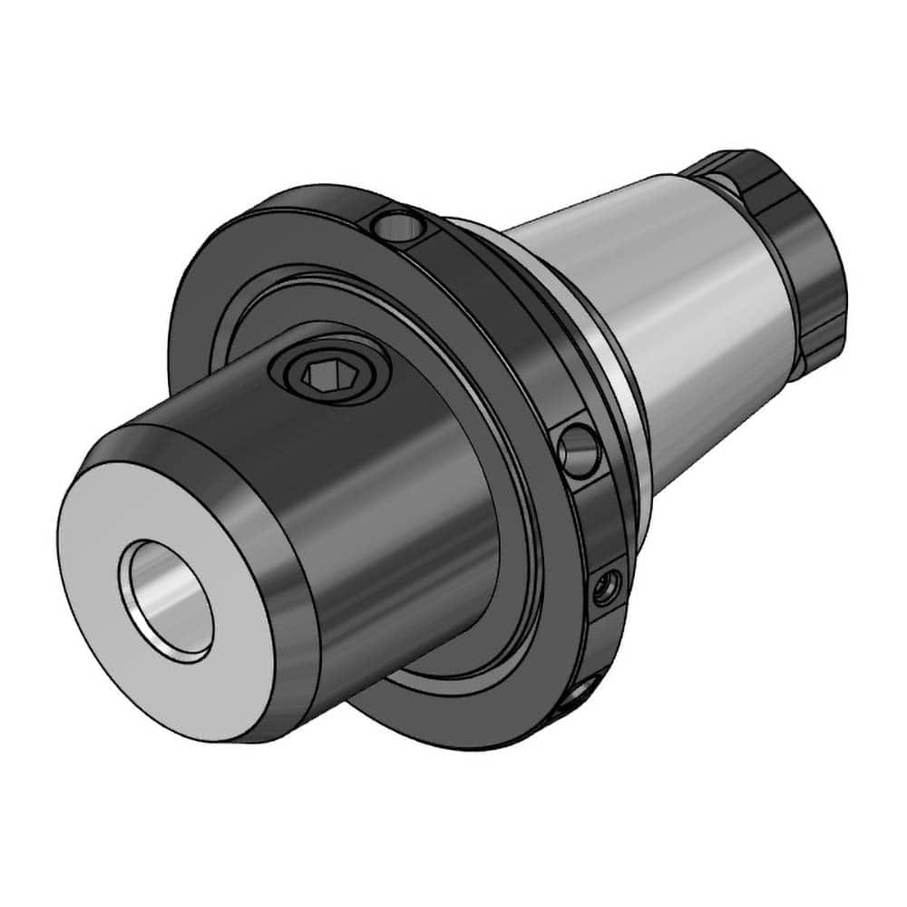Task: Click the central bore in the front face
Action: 172,600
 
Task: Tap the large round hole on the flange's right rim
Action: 578,447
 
